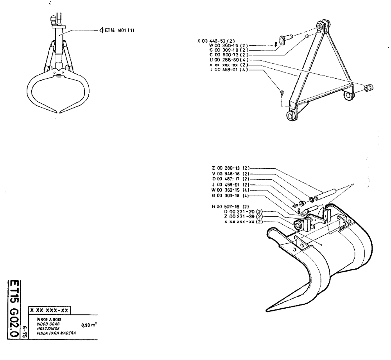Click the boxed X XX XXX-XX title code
tap(50, 310)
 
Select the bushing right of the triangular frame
tap(369, 88)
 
